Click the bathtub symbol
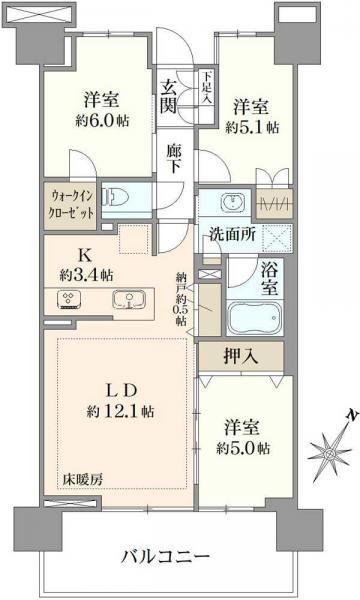tap(254, 320)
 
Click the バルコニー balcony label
tap(166, 556)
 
